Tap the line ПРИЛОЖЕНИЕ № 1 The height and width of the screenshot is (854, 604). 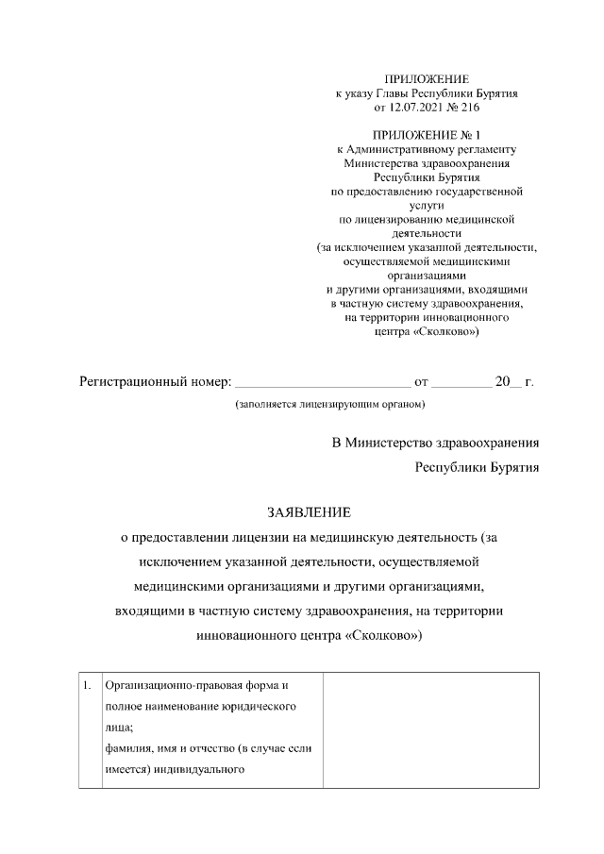coord(427,135)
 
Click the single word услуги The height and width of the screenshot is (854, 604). coord(427,204)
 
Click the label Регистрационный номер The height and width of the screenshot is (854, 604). coord(154,382)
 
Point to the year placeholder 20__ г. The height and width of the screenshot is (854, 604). coord(514,382)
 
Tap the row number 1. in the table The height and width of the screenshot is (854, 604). coord(86,684)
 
